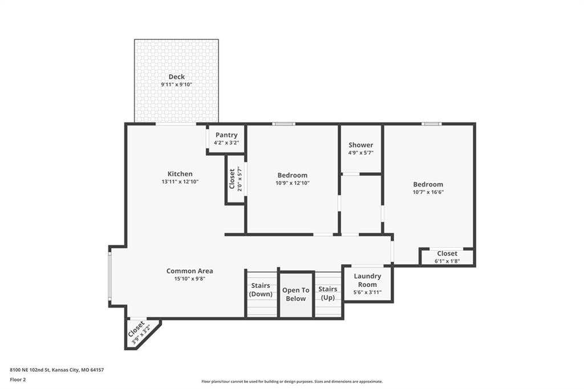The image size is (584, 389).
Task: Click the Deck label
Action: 176,77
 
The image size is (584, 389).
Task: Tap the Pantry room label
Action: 226,135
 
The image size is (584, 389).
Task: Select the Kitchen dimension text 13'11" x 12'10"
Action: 180,182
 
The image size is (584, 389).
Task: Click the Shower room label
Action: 360,145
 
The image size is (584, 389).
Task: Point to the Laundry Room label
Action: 367,280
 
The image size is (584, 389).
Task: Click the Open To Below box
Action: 295,294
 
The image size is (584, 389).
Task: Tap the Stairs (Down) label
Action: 261,290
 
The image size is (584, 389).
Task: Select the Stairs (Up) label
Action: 328,293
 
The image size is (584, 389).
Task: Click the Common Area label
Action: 189,271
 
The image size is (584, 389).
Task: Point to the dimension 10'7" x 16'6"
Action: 428,192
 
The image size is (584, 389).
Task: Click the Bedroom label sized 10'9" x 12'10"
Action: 292,175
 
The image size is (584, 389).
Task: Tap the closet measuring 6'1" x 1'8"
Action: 447,257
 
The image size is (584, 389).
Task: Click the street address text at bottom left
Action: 57,370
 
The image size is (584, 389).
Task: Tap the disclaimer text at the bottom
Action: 291,382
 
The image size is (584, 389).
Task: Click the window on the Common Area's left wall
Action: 109,276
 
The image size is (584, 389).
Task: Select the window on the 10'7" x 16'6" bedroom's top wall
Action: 431,124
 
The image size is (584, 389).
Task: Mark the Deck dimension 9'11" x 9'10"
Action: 176,85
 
